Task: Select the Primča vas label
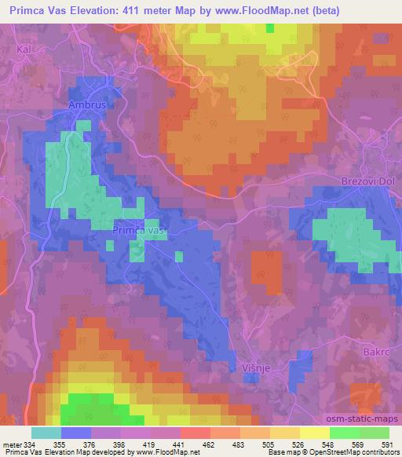[x=139, y=231]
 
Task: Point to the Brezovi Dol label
[x=367, y=181]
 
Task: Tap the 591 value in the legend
[x=388, y=445]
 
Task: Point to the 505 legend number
[x=270, y=445]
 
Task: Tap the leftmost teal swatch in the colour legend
[x=46, y=433]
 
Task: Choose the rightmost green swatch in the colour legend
[x=374, y=433]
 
